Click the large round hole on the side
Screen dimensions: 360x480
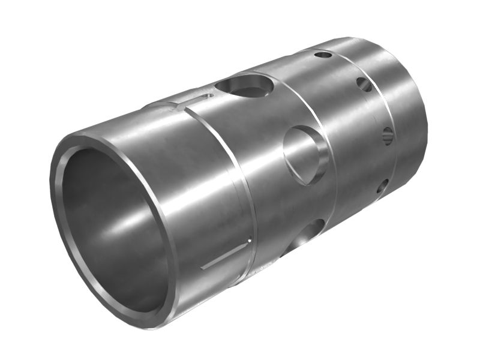305,155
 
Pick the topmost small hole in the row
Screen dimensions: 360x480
323,55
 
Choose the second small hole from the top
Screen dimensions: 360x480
364,84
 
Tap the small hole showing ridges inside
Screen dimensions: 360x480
388,136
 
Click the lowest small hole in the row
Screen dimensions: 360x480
382,188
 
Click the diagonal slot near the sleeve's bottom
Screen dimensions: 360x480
224,255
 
